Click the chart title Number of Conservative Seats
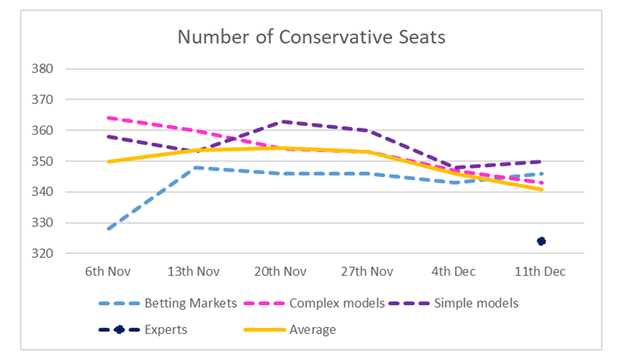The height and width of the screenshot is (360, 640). [311, 37]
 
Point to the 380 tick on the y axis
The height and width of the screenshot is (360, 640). [42, 69]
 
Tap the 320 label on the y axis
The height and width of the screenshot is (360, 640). [42, 253]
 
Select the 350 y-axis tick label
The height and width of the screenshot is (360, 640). [42, 161]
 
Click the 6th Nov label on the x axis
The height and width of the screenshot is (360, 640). [107, 272]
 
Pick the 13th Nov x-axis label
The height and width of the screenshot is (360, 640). [194, 272]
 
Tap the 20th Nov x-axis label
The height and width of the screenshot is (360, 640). [281, 272]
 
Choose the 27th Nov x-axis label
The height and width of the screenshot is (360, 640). [367, 272]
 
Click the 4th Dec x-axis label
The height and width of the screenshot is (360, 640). [454, 272]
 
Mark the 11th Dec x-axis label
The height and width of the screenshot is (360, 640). [540, 272]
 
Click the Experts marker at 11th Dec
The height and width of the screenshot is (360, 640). [541, 241]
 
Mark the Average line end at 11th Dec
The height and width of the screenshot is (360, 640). [541, 189]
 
